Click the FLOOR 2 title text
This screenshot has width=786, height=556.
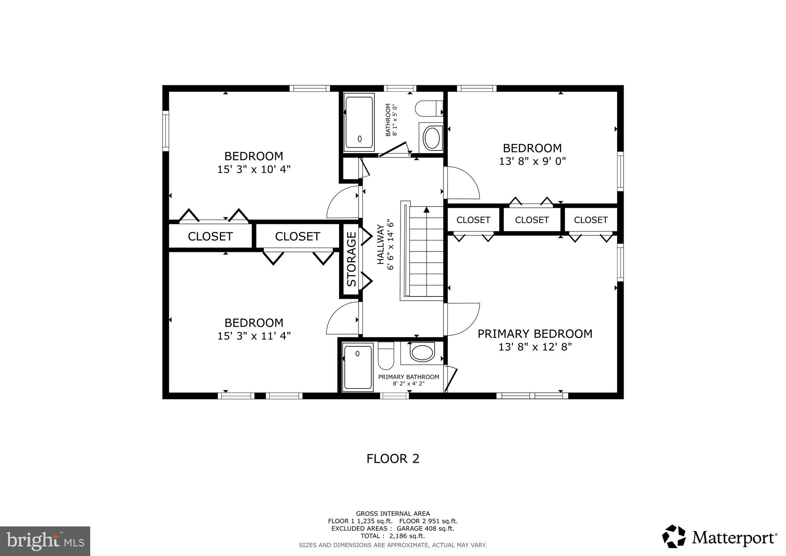tap(393, 459)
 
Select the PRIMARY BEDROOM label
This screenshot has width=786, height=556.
tap(534, 334)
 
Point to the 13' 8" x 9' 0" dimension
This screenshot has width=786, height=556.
tap(532, 161)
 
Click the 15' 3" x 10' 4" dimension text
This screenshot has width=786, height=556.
tap(254, 169)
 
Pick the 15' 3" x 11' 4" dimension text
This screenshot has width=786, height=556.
tap(254, 336)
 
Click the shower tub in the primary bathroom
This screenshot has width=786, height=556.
tap(358, 367)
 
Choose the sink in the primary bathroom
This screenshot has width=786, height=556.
tap(422, 353)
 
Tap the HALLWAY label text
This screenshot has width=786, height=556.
tap(381, 245)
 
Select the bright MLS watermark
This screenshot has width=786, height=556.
tap(45, 541)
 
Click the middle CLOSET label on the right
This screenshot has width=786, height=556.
tap(532, 220)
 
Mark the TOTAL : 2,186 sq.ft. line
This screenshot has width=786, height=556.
tap(392, 536)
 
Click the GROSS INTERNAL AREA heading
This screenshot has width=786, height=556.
tap(392, 513)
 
